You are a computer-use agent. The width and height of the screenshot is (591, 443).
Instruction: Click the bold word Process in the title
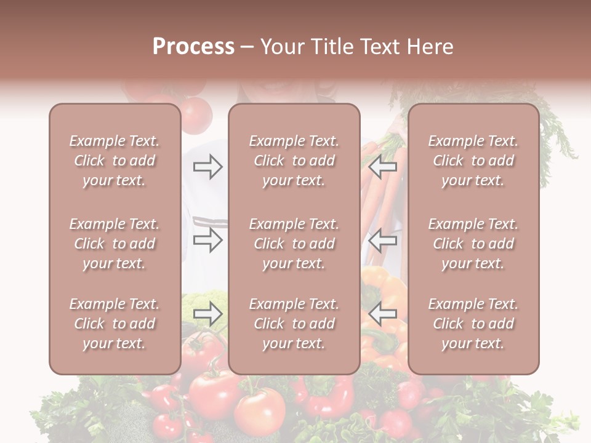point(193,47)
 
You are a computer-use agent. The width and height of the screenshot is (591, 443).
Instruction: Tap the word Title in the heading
point(332,47)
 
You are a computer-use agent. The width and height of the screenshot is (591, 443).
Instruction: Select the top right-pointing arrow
point(207,167)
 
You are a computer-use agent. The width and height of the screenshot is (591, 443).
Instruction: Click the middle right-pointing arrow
point(207,240)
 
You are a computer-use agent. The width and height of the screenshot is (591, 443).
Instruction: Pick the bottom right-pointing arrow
point(207,314)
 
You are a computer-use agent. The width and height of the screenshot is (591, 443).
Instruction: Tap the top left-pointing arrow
point(383,167)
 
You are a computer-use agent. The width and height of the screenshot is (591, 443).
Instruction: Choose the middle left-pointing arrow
point(383,240)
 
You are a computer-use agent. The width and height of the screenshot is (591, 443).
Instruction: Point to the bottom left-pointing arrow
point(383,314)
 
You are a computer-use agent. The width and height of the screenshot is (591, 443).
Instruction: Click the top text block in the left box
point(115,161)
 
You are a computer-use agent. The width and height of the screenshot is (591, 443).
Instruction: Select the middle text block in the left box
point(115,244)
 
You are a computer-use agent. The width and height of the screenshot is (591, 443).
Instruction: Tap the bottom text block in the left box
point(115,324)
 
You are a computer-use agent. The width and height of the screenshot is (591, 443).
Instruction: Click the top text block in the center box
point(294,161)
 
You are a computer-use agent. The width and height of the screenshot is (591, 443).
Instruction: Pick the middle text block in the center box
point(294,244)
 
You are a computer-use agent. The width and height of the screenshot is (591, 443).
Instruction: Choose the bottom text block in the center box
point(294,324)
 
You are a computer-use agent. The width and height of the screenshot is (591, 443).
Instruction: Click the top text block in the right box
point(473,161)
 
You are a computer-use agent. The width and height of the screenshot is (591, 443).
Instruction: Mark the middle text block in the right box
point(473,244)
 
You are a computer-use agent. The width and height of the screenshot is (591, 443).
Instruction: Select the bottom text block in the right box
point(473,324)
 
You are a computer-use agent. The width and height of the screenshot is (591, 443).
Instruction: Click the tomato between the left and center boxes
point(197,114)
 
